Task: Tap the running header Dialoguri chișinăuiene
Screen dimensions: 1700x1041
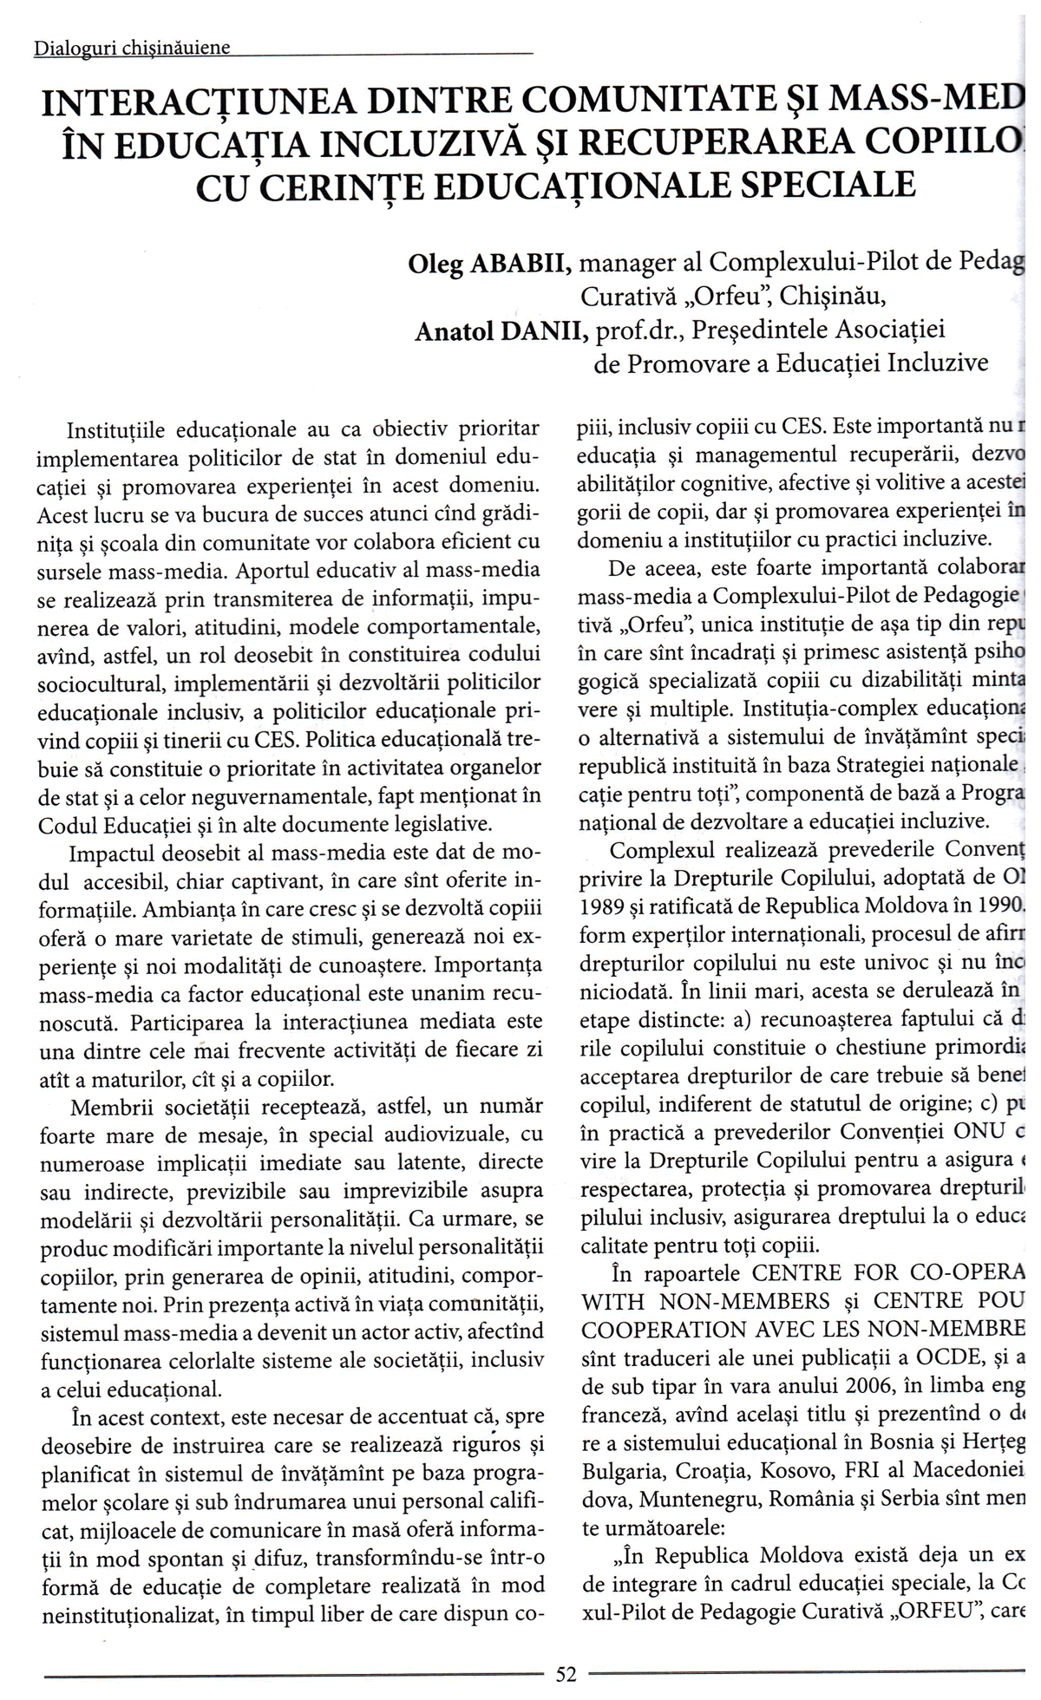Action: coord(132,49)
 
